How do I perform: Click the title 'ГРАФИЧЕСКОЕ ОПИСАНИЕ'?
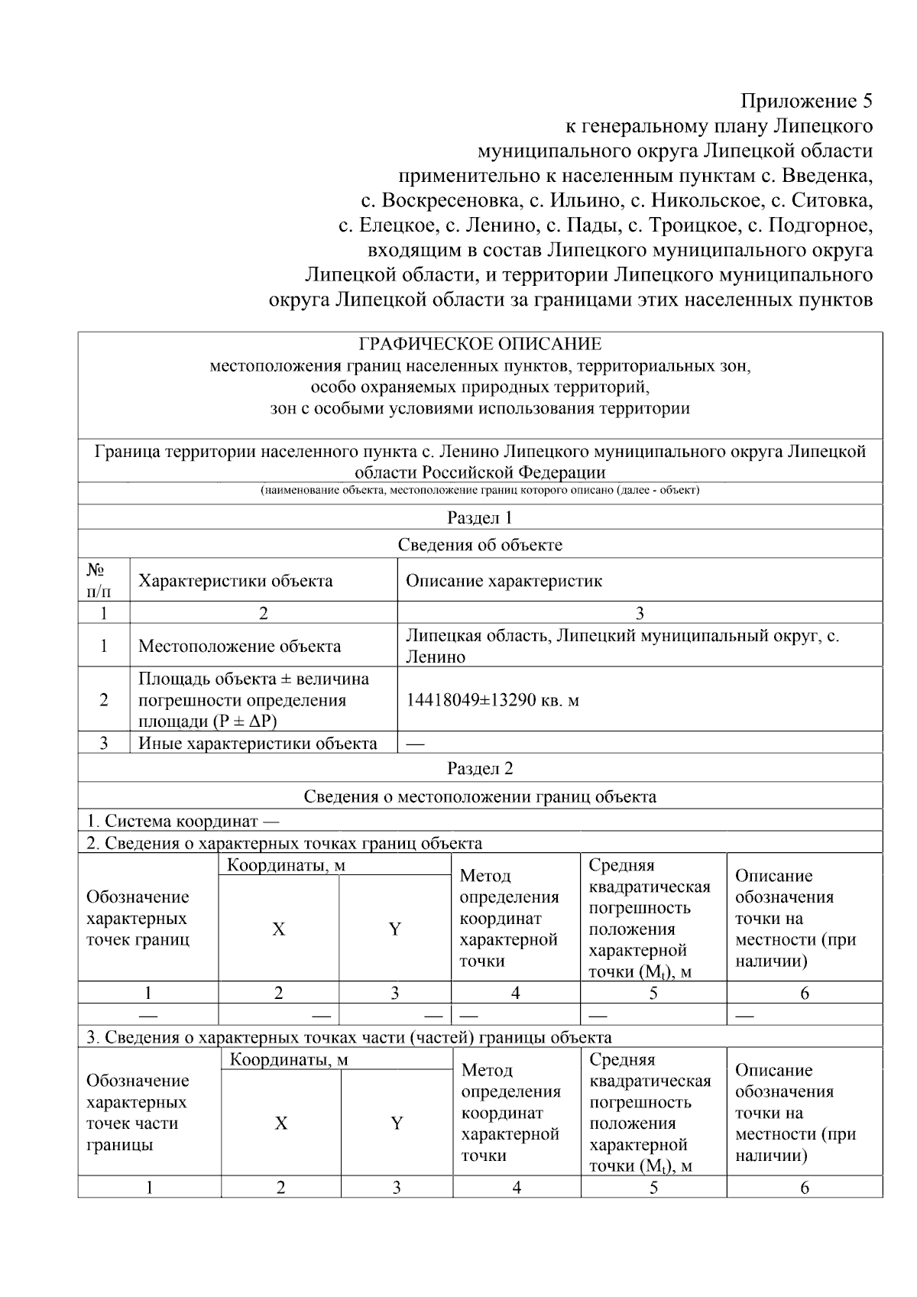[x=480, y=344]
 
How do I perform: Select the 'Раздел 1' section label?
[x=480, y=517]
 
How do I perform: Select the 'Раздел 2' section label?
[x=480, y=768]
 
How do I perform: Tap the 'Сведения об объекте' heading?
[x=480, y=545]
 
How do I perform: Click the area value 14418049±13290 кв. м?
[x=492, y=700]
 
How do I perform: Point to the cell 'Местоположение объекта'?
[x=239, y=647]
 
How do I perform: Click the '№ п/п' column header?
[x=98, y=580]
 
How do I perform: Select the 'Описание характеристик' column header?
[x=504, y=581]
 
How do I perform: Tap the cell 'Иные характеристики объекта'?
[x=258, y=744]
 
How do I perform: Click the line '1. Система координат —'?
[x=183, y=822]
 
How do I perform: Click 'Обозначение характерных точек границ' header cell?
[x=138, y=918]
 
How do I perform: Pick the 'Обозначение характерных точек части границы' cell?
[x=138, y=1112]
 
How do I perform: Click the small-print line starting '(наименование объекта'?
[x=480, y=490]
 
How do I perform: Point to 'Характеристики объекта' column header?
[x=235, y=581]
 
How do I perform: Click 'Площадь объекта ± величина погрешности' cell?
[x=253, y=700]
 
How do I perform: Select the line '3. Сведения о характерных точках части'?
[x=348, y=1037]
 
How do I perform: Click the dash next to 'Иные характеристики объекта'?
[x=416, y=744]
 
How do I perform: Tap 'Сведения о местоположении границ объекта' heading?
[x=480, y=796]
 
